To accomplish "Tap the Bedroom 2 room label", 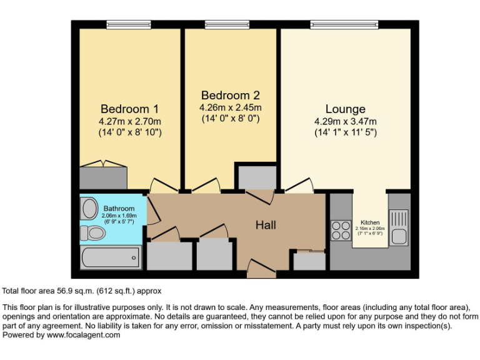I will [230, 96].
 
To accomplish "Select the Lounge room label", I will [345, 109].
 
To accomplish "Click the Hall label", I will [265, 225].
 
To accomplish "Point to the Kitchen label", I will [370, 222].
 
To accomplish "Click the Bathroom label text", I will [119, 209].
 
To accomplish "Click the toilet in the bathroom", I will [92, 233].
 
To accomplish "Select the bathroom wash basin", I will [89, 207].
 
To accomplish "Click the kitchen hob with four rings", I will [341, 231].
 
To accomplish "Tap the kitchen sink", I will [399, 219].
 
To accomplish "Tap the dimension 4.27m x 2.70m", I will [130, 121].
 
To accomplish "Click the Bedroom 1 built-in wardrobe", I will [104, 177].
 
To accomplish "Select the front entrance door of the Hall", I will [262, 270].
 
